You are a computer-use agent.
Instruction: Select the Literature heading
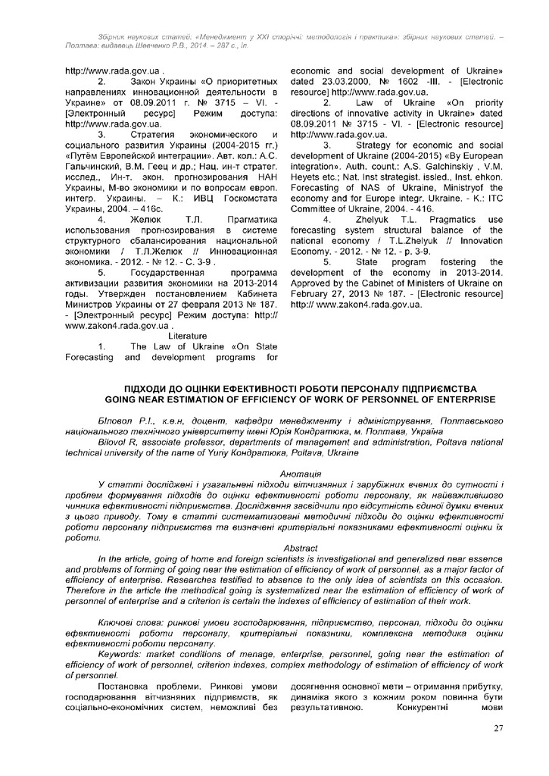188,336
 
